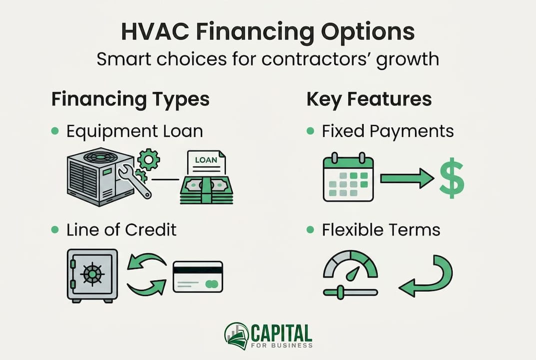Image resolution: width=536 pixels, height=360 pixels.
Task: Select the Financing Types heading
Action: [x=130, y=99]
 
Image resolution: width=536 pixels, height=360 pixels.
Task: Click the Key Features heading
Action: [x=369, y=99]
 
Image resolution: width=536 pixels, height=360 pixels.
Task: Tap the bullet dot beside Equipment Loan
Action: [x=55, y=131]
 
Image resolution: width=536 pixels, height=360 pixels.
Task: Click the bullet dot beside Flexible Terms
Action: [x=310, y=229]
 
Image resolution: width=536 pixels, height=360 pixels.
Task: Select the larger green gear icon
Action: [x=149, y=159]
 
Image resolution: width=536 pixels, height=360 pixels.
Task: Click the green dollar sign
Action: [x=451, y=178]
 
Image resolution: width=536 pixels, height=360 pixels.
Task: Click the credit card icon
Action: [x=198, y=276]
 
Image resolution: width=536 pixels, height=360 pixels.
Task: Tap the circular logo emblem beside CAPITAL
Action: [x=237, y=335]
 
